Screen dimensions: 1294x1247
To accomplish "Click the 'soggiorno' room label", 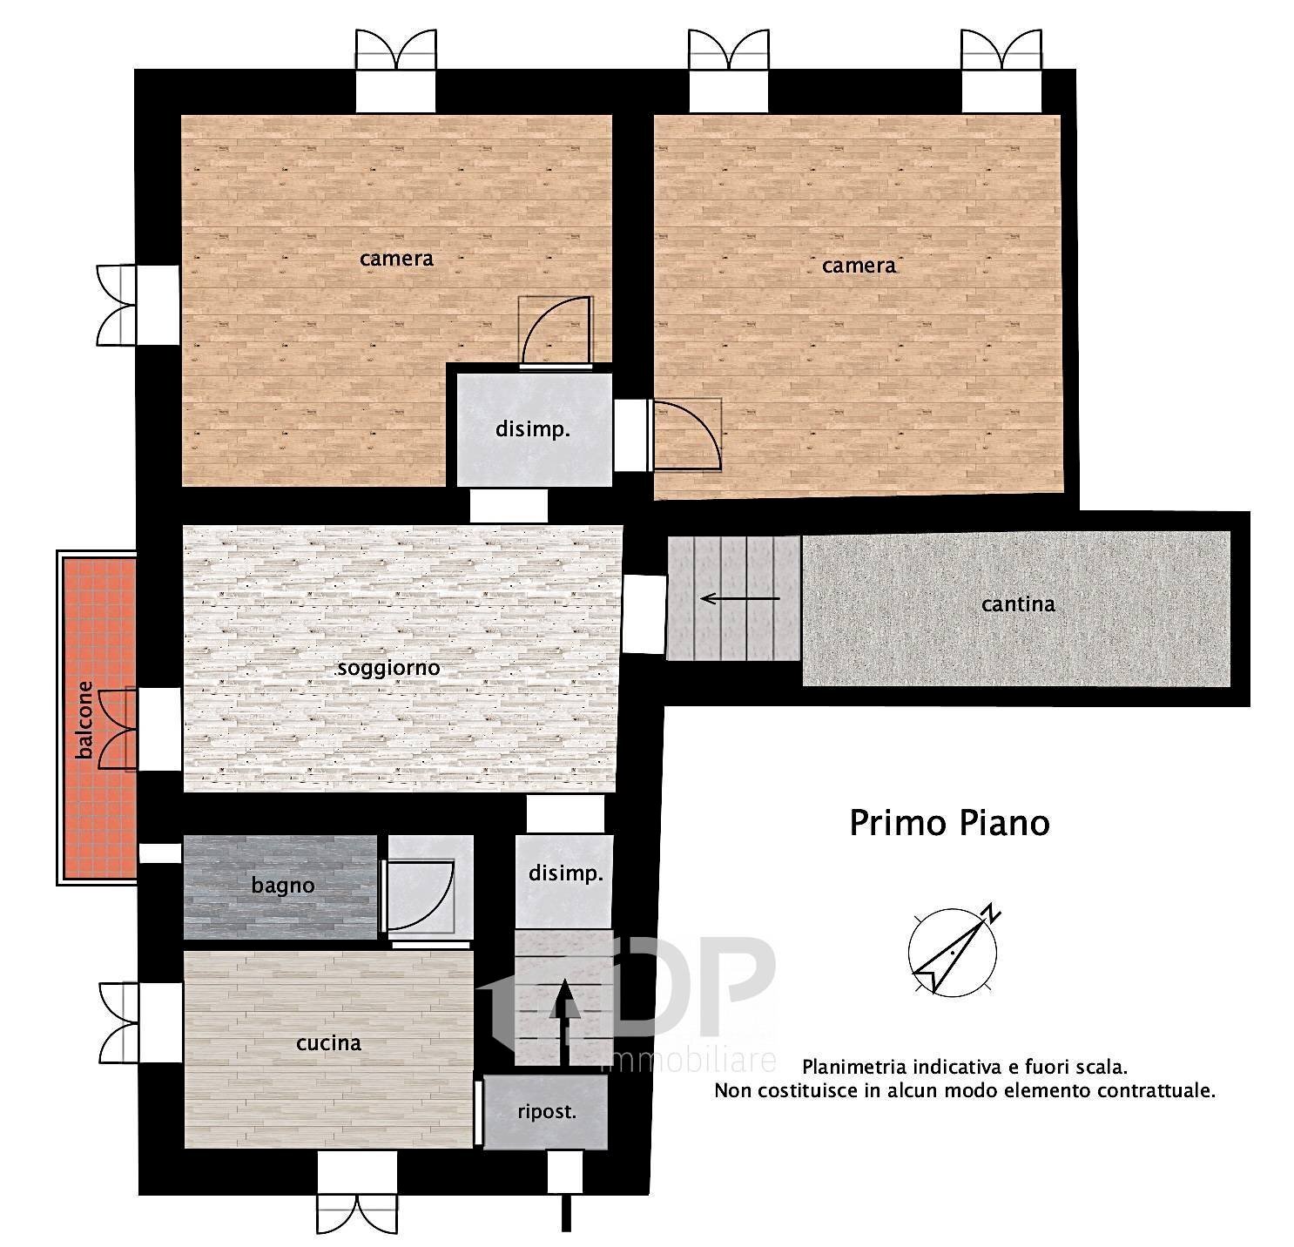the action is (x=388, y=669).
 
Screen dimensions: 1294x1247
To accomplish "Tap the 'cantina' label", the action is (x=1018, y=604).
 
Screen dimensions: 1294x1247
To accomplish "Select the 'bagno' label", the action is (x=283, y=886).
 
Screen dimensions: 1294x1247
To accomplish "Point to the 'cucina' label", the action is (x=328, y=1043).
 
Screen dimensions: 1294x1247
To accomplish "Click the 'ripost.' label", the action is (x=547, y=1112).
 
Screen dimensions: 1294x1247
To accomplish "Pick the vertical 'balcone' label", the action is (x=84, y=719).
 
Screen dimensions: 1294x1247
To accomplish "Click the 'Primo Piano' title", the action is (x=949, y=824).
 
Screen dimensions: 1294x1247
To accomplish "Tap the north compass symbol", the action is (x=954, y=951).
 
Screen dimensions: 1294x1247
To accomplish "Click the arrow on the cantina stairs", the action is (x=740, y=598).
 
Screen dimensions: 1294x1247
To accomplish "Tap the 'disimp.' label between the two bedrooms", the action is (x=533, y=429).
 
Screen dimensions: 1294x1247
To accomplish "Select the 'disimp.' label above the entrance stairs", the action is (x=566, y=873).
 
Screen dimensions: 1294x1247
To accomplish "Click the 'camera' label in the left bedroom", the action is (x=396, y=259).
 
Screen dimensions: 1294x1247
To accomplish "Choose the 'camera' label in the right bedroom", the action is (x=859, y=266).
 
